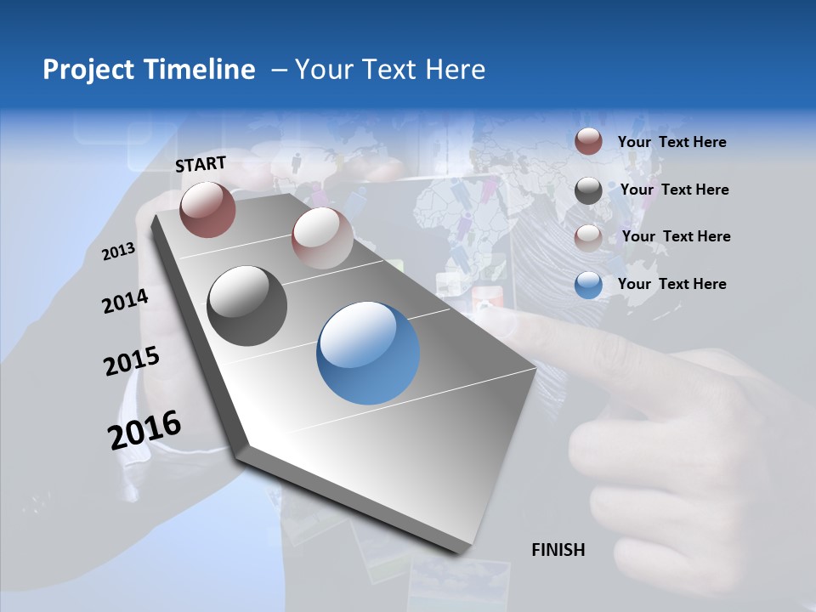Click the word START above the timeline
pyautogui.click(x=201, y=164)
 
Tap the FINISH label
pyautogui.click(x=558, y=550)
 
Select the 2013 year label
pyautogui.click(x=119, y=251)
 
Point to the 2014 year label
pyautogui.click(x=126, y=301)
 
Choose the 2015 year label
pyautogui.click(x=132, y=360)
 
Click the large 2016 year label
pyautogui.click(x=144, y=429)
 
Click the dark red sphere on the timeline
pyautogui.click(x=207, y=209)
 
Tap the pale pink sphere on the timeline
pyautogui.click(x=321, y=237)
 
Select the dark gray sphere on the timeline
pyautogui.click(x=247, y=306)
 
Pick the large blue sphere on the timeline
pyautogui.click(x=367, y=353)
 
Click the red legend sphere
pyautogui.click(x=588, y=142)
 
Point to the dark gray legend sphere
pyautogui.click(x=588, y=190)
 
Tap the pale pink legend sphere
pyautogui.click(x=588, y=237)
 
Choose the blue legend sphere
pyautogui.click(x=588, y=285)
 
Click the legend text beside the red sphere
pyautogui.click(x=671, y=142)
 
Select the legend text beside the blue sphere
pyautogui.click(x=671, y=284)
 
